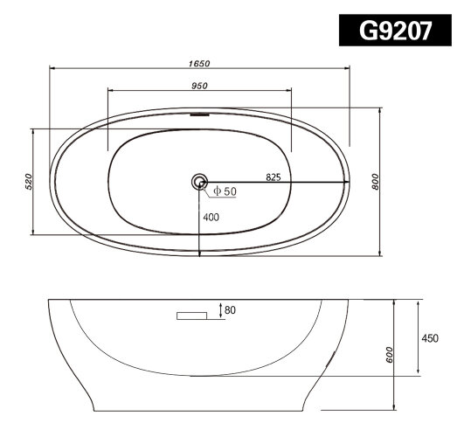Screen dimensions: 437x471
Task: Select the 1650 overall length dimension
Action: [199, 62]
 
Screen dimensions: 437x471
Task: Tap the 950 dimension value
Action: [199, 85]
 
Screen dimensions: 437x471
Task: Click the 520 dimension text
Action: [27, 182]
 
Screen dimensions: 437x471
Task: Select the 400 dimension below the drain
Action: [211, 217]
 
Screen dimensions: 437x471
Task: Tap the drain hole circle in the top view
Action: [200, 183]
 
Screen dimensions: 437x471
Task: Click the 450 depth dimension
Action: [428, 338]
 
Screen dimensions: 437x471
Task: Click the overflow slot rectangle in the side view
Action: [190, 316]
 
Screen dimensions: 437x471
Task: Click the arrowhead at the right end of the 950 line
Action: [287, 90]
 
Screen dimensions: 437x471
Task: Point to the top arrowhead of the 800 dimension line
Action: [381, 112]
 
